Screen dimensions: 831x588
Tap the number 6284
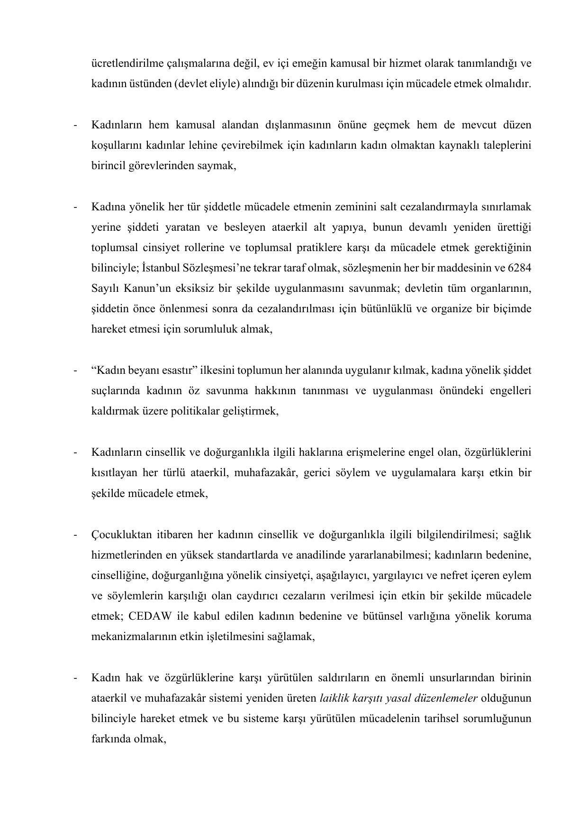coord(519,268)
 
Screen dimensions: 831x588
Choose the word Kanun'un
coord(135,289)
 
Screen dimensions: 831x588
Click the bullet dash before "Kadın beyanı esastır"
coord(75,370)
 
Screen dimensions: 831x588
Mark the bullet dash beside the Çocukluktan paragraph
coord(75,535)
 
